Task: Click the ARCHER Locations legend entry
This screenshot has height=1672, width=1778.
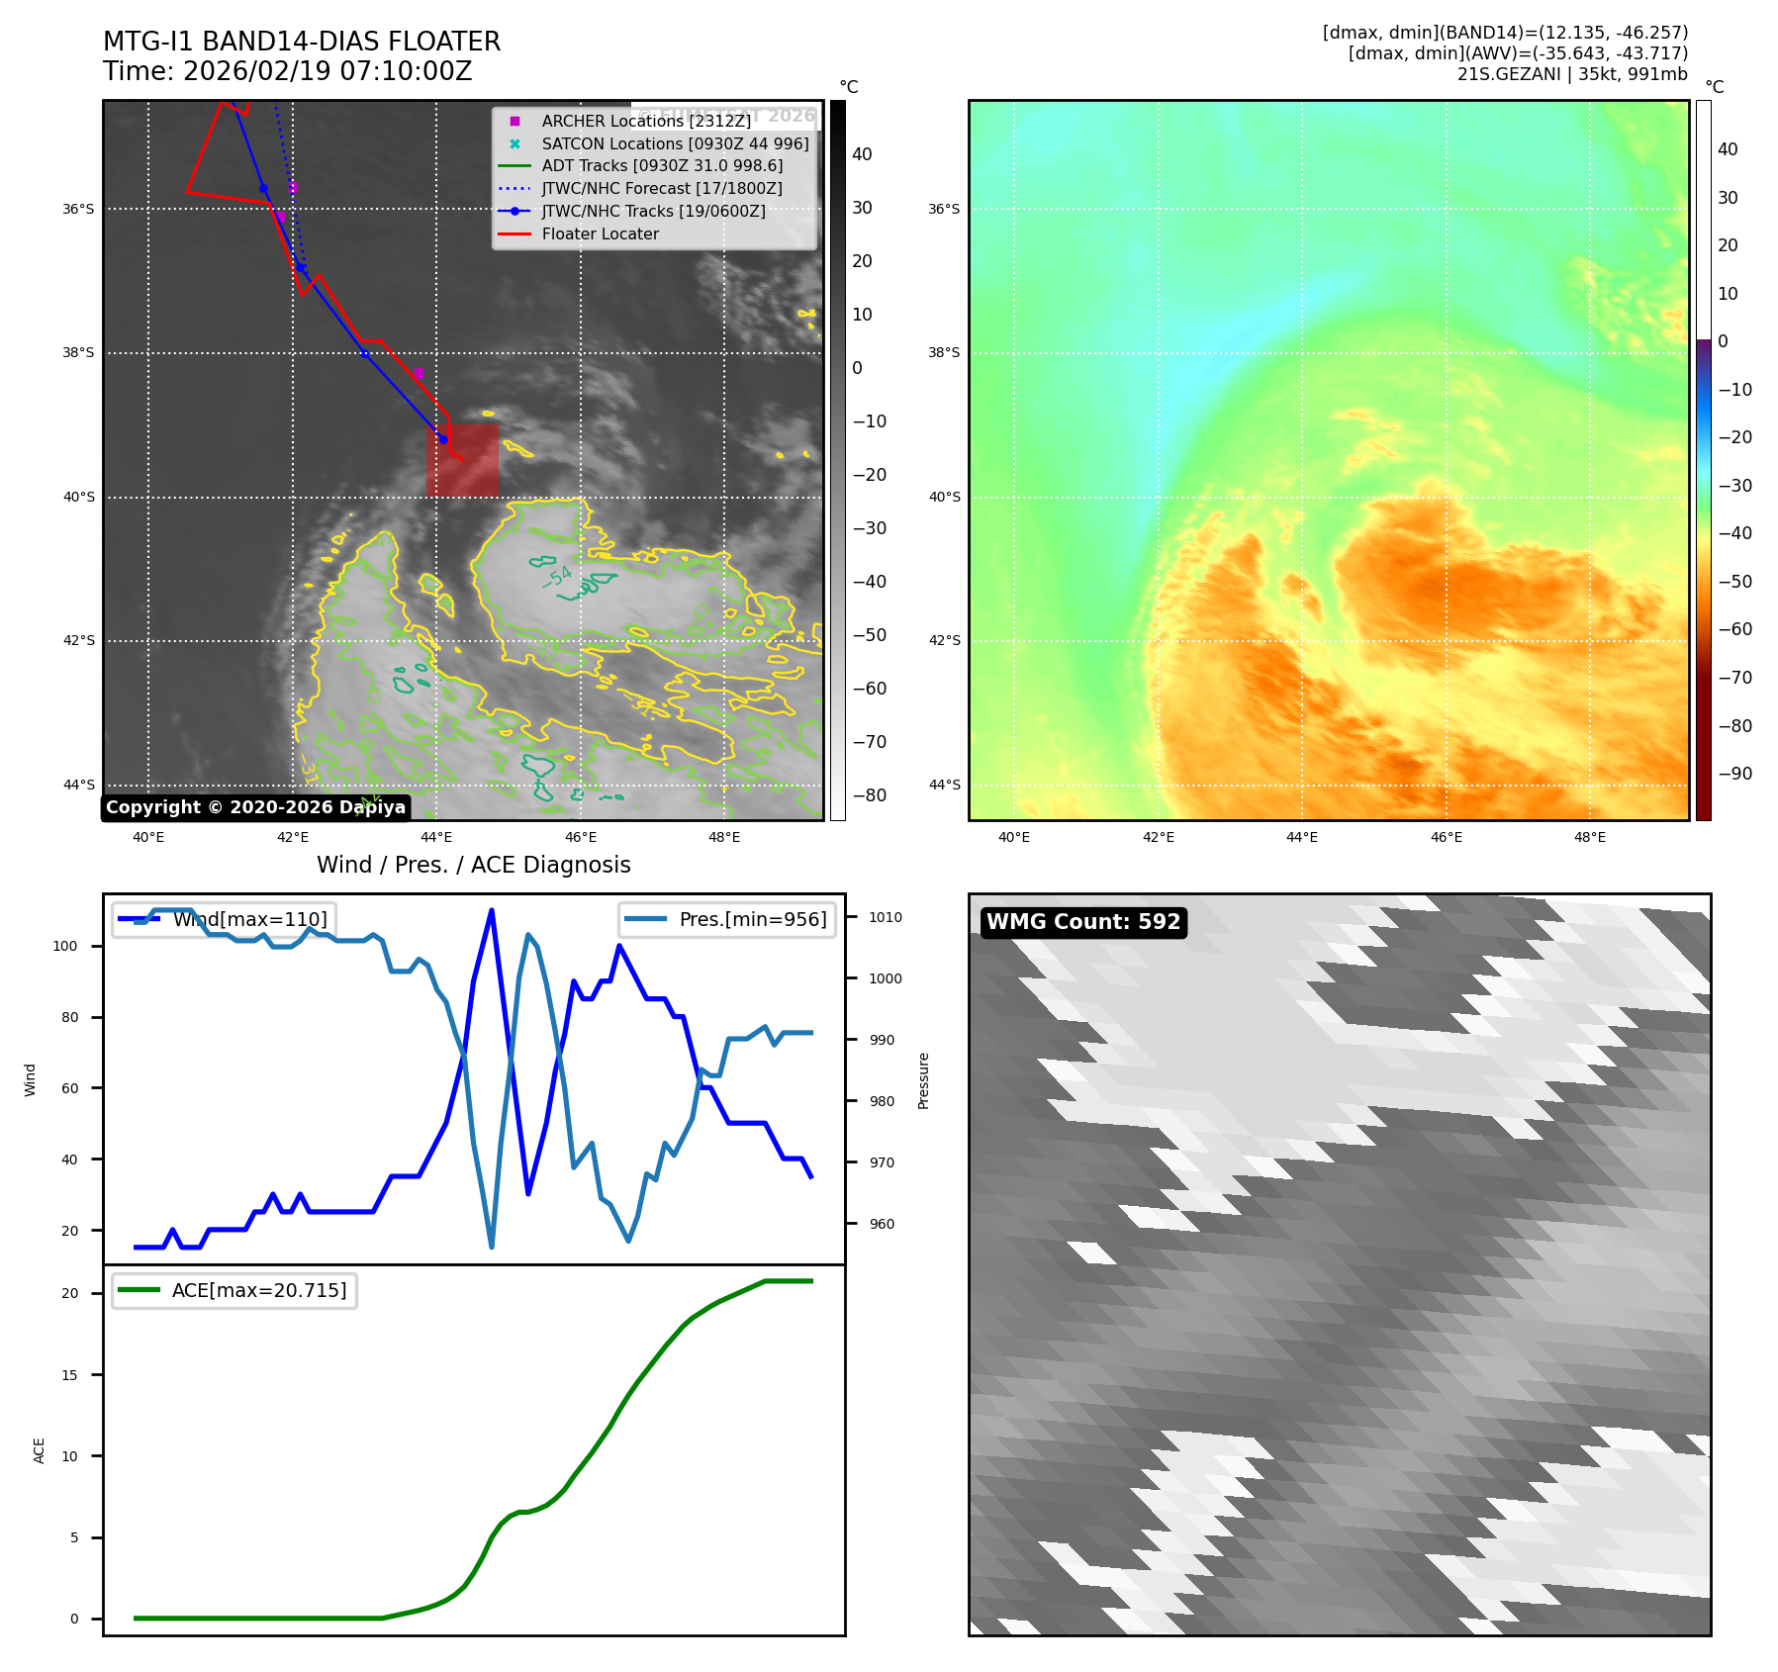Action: click(x=646, y=121)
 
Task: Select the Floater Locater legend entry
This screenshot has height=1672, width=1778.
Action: click(x=600, y=234)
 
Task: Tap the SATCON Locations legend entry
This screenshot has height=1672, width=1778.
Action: click(x=675, y=143)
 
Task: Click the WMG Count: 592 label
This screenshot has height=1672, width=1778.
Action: click(x=1083, y=922)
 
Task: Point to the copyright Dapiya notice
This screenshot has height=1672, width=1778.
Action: click(x=255, y=807)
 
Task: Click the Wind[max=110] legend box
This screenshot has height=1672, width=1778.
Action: click(x=224, y=919)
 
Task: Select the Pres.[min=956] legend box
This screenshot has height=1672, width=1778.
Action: click(x=727, y=919)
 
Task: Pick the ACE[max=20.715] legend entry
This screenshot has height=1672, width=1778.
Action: click(x=234, y=1290)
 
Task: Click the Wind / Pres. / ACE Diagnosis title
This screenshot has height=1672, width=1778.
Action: click(x=473, y=865)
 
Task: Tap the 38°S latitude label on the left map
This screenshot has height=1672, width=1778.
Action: click(x=79, y=353)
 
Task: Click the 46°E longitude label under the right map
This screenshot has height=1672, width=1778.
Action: click(x=1446, y=837)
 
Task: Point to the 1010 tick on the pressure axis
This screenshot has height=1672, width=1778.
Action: click(x=885, y=917)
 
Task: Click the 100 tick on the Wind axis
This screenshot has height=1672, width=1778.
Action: click(x=65, y=946)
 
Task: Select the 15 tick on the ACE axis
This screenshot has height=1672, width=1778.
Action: click(x=69, y=1375)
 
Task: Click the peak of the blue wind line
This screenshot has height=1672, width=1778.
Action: click(x=492, y=910)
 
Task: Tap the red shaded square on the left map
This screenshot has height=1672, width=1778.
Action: click(x=462, y=461)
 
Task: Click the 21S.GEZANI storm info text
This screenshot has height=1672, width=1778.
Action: click(x=1571, y=74)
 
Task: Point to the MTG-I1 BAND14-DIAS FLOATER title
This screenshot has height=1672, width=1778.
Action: click(x=302, y=42)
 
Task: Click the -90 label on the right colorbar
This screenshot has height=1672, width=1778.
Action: click(x=1734, y=774)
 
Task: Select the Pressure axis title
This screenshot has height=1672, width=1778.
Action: click(x=923, y=1080)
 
